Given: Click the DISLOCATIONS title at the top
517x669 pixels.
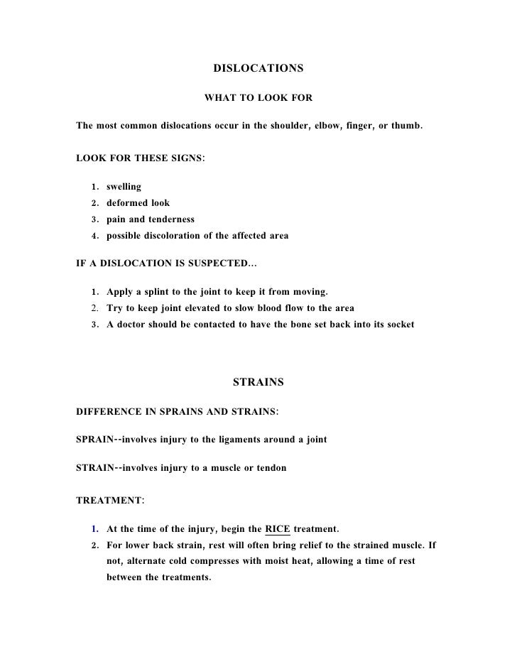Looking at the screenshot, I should click(x=258, y=69).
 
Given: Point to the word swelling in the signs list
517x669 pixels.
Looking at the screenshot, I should click(x=124, y=187).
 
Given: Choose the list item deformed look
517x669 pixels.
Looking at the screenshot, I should click(x=138, y=203).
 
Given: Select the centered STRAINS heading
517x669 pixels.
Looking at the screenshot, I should click(x=258, y=382).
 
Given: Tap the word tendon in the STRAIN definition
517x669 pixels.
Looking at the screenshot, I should click(x=271, y=468).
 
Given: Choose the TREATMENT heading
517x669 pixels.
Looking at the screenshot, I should click(x=109, y=500).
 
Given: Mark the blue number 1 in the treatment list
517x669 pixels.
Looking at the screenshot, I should click(x=94, y=529).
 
